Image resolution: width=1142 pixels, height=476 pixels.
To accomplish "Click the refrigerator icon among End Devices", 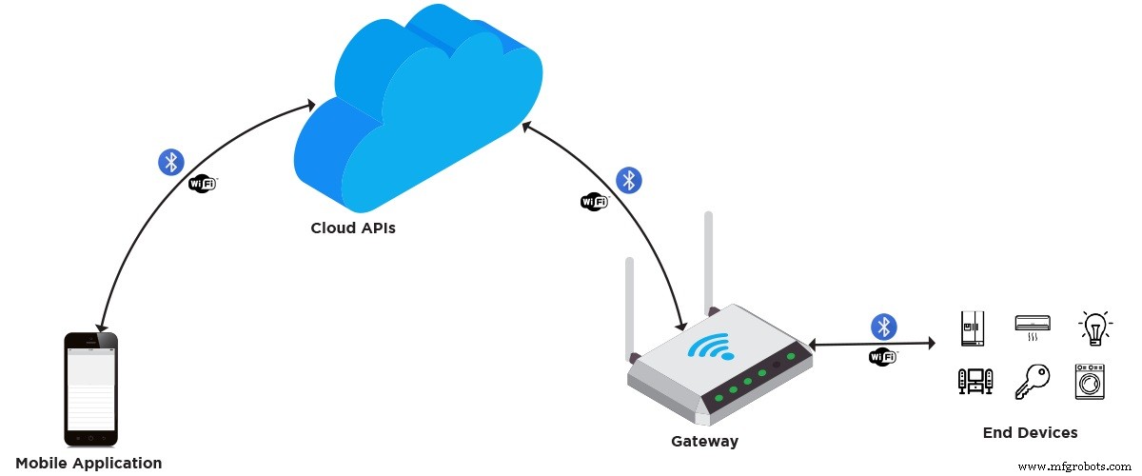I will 973,327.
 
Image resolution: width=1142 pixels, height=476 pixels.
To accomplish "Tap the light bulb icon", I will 1094,327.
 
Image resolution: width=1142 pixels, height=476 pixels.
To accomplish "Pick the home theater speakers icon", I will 974,382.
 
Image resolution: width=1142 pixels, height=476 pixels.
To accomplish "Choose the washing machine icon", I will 1090,381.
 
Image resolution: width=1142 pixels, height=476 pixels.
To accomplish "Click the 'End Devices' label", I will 1030,433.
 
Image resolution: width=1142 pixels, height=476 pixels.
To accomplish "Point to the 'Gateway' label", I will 704,442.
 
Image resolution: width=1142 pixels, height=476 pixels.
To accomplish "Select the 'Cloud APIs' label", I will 353,228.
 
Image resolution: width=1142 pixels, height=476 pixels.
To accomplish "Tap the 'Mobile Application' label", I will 89,464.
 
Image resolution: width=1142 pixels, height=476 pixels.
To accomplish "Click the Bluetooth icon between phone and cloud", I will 170,162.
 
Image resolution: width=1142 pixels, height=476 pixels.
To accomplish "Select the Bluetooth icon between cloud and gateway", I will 628,179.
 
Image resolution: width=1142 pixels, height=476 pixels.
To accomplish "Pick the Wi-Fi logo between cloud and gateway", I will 595,201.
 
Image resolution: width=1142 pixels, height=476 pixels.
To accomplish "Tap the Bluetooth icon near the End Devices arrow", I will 884,327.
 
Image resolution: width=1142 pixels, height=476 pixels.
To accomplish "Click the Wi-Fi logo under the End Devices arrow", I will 882,357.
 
